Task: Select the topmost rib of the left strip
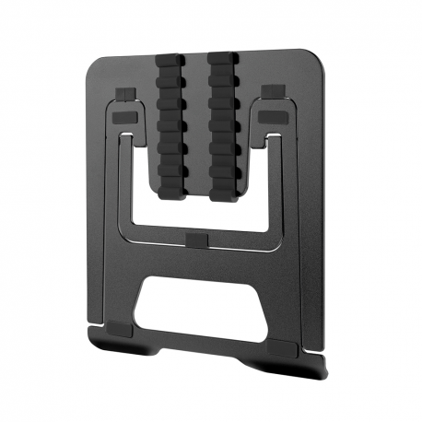(x=171, y=63)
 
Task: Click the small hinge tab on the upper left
(x=127, y=94)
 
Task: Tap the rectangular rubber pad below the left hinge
(x=125, y=119)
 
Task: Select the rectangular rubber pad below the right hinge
(x=273, y=117)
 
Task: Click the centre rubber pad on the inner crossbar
(x=197, y=240)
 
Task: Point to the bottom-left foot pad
(x=123, y=328)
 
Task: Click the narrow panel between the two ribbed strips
(x=197, y=120)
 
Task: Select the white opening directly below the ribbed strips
(x=197, y=214)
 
